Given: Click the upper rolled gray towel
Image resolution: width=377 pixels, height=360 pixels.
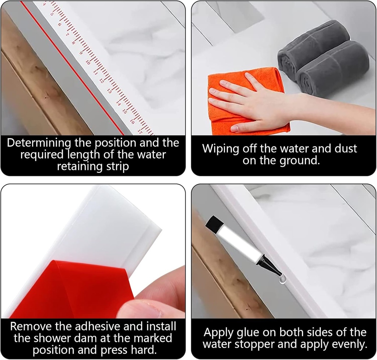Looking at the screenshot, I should (x=313, y=48).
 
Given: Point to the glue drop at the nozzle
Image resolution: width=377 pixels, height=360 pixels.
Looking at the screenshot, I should (x=283, y=280).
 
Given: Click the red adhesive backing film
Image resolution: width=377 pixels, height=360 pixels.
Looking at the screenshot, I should (x=66, y=291).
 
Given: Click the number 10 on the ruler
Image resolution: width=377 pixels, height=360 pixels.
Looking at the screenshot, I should (x=88, y=63).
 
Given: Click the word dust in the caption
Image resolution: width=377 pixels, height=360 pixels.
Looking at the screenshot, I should (x=345, y=148).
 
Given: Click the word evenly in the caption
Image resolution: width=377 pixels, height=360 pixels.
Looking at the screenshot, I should (x=349, y=345).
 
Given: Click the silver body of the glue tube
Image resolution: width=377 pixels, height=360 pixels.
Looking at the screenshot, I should (x=239, y=243).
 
